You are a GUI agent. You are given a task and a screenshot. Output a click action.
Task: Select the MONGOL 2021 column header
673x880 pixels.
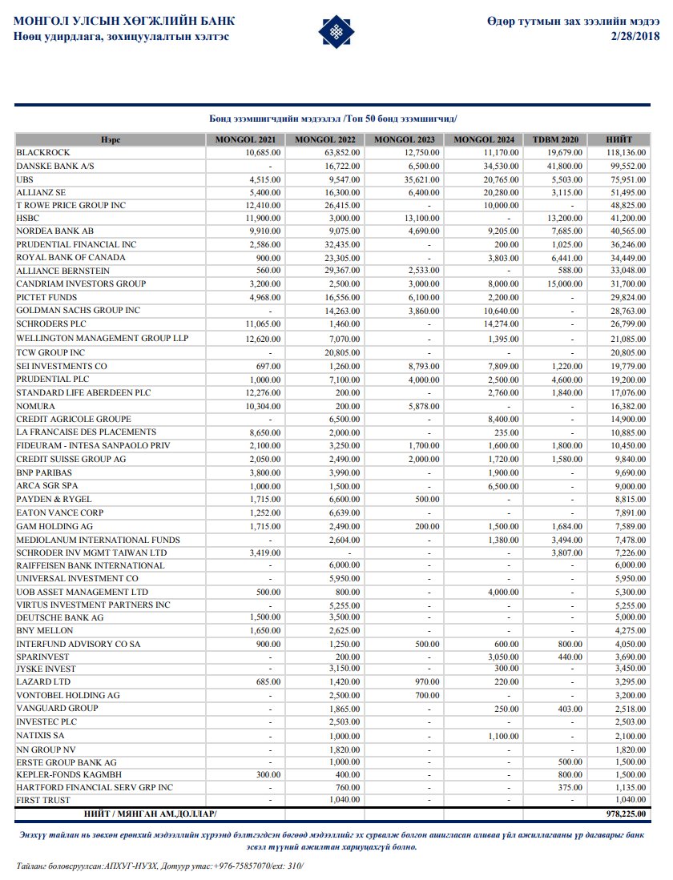[245, 140]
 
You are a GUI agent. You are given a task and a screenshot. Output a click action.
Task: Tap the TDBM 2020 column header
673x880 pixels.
[555, 140]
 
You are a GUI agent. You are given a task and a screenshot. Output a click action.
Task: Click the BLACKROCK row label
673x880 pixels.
[43, 152]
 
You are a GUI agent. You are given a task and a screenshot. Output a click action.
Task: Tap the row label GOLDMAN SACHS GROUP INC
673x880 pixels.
[79, 310]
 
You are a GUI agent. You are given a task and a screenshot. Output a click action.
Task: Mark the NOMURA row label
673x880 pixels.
[36, 406]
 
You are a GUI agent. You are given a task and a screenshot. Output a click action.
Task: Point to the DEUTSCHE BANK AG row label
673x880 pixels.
[60, 617]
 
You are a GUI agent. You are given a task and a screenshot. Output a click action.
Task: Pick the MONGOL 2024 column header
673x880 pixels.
[485, 140]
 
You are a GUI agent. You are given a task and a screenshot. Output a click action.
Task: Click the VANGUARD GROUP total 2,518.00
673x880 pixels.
[627, 709]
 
